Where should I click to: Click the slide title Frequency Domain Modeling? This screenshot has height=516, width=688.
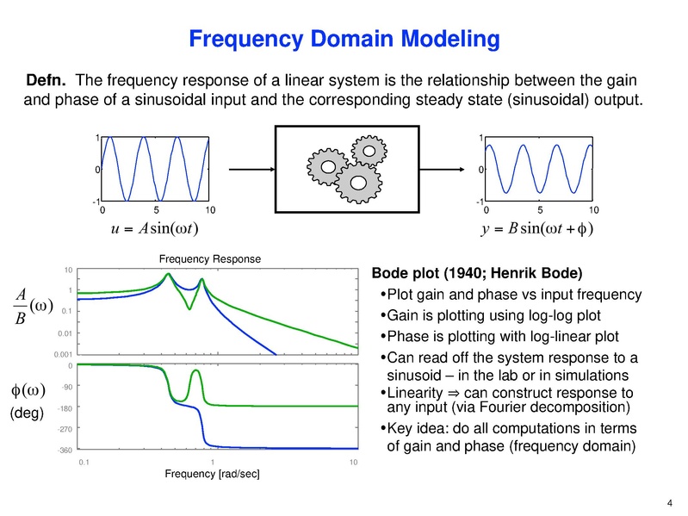coord(344,39)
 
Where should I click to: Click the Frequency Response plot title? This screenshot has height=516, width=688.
coord(209,258)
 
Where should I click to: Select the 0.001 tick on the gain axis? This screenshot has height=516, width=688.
coord(62,353)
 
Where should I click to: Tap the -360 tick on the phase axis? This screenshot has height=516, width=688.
coord(65,450)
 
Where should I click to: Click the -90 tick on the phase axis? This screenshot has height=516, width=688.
coord(67,388)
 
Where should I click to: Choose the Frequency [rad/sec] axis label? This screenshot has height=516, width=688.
coord(214,475)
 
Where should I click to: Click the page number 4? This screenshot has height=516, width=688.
coord(670,503)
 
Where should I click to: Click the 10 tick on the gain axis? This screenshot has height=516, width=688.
coord(66,270)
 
